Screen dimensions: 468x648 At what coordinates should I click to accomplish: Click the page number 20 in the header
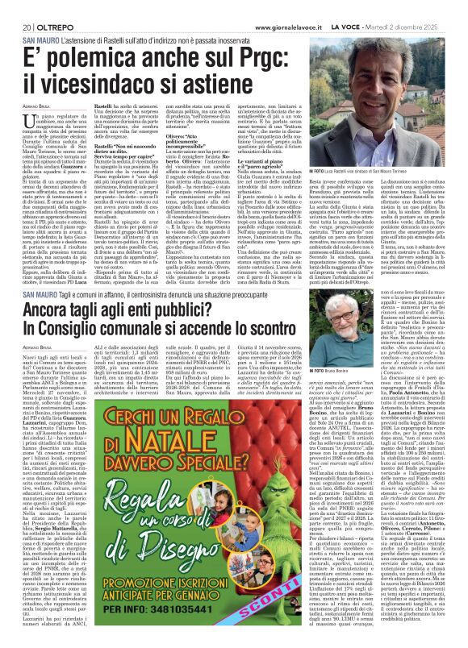[x=15, y=7]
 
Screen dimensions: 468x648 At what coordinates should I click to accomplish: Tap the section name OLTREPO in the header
[x=44, y=7]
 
